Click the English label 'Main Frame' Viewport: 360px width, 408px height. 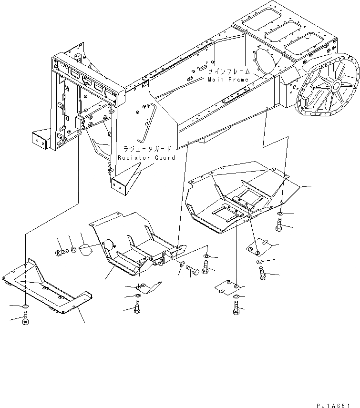(228, 80)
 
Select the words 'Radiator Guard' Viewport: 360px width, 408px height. (146, 158)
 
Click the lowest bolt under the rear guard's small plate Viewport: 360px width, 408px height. (237, 308)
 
